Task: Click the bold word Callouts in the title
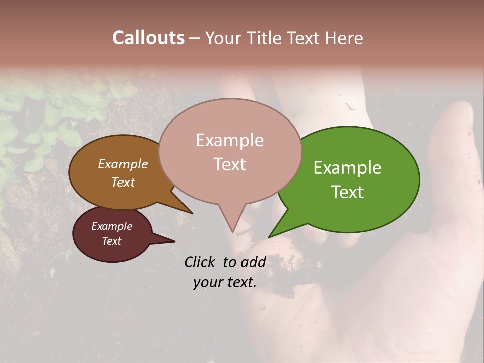click(x=148, y=38)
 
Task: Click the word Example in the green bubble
click(x=347, y=168)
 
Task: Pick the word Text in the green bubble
click(x=348, y=192)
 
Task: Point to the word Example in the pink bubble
click(x=229, y=140)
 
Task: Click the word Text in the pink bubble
click(x=230, y=164)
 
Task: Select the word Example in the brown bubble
click(x=123, y=164)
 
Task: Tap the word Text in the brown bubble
click(x=123, y=182)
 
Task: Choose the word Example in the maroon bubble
click(x=111, y=226)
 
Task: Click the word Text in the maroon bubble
click(x=111, y=241)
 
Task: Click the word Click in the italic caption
click(x=200, y=262)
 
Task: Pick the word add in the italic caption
click(x=253, y=262)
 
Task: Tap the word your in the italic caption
click(x=206, y=282)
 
